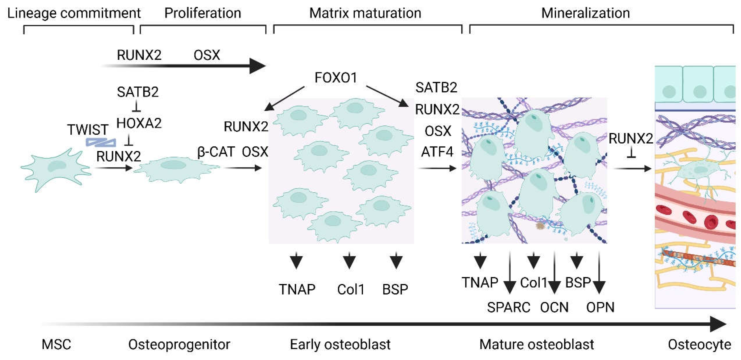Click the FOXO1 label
336,78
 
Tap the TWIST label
88,130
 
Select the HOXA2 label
139,123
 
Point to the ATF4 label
437,152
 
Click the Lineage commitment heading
74,13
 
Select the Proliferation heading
203,13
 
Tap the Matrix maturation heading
365,13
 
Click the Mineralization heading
585,13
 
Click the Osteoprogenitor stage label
179,344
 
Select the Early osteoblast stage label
340,344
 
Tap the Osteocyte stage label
699,344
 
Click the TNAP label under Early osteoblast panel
297,289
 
